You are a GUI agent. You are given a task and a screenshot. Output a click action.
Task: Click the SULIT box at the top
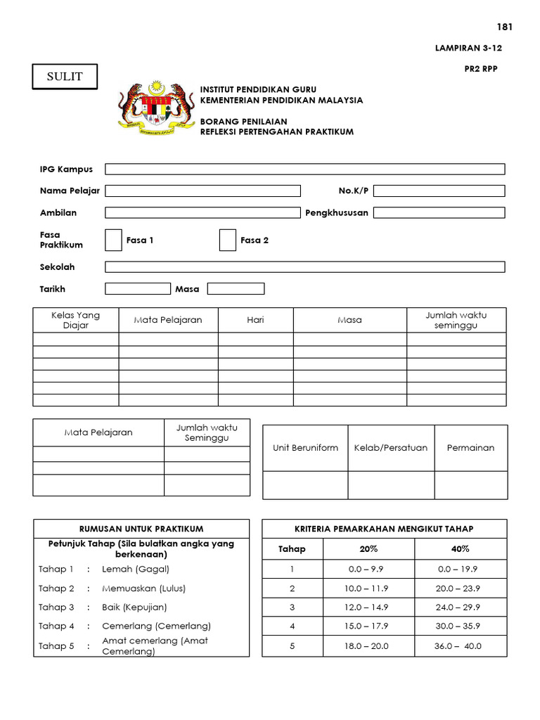coord(65,77)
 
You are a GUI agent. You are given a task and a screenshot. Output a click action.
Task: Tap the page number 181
coord(505,27)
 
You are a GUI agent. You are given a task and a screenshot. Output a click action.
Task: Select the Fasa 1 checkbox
coord(113,240)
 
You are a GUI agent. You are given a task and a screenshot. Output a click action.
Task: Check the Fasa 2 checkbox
coord(227,240)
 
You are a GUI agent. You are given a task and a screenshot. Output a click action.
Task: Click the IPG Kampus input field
coord(304,169)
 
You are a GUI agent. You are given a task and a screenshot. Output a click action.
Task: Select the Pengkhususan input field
coord(439,212)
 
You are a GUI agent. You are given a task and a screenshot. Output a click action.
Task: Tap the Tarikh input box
coord(138,288)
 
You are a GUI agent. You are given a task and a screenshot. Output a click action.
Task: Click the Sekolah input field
coord(304,266)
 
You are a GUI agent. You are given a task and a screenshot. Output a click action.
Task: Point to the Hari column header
coord(255,320)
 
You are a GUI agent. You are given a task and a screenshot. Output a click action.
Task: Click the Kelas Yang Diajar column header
coord(76,320)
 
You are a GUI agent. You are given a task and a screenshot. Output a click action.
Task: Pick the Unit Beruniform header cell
coord(305,448)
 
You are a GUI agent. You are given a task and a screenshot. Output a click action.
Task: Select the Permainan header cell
coord(470,448)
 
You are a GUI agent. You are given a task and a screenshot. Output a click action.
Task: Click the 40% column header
coord(461,549)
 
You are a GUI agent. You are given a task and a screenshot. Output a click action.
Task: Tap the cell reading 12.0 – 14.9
coord(368,607)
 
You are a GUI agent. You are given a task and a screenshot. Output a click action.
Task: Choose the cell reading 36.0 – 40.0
coord(461,645)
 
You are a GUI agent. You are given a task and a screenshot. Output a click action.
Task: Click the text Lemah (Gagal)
coord(136,569)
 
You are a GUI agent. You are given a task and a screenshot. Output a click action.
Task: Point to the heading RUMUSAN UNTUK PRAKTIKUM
coord(141,529)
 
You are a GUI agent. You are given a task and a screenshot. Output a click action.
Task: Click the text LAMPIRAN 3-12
coord(469,49)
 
